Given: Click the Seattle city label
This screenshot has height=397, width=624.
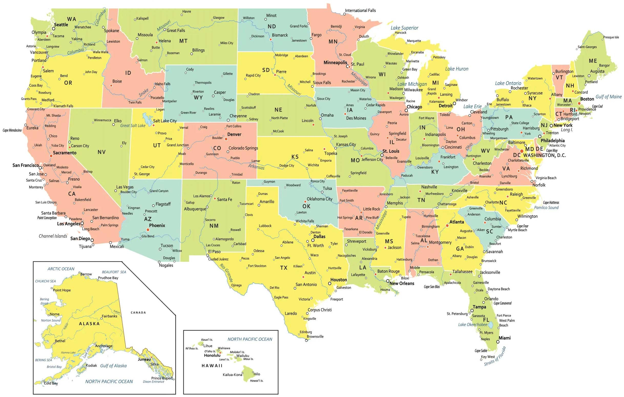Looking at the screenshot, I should click(x=61, y=25).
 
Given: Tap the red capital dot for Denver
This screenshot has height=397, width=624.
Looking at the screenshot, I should click(x=226, y=139).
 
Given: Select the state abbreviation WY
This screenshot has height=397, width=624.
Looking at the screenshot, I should click(x=198, y=98).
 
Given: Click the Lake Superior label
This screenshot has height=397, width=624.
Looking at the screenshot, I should click(x=404, y=28).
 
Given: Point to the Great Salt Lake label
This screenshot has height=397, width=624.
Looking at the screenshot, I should click(x=133, y=126).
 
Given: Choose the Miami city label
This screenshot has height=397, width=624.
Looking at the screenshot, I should click(x=505, y=338).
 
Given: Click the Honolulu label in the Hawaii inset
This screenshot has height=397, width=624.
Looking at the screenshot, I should click(x=212, y=355).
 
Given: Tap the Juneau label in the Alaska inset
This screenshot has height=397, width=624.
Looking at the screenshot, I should click(x=144, y=359).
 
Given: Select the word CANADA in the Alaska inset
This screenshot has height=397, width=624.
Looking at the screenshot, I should click(x=138, y=313).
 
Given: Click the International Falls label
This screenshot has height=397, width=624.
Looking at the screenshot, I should click(x=360, y=10).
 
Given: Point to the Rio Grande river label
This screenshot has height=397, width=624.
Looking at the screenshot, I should click(x=226, y=273).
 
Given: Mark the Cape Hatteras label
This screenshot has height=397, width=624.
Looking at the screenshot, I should click(x=551, y=203).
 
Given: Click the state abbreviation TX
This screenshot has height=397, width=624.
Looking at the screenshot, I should click(x=284, y=268).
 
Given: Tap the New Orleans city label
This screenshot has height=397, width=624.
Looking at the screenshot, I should click(x=402, y=283).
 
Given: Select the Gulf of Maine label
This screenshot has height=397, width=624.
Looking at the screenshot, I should click(x=608, y=97).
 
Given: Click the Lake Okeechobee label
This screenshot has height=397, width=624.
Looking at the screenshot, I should click(x=473, y=325).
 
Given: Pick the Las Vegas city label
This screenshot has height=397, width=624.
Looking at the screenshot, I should click(x=125, y=187).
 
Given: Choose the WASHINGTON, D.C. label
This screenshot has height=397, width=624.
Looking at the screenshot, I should click(x=544, y=155).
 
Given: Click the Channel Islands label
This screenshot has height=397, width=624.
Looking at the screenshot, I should click(x=53, y=236).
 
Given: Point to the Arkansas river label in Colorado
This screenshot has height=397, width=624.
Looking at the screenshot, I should click(x=256, y=167).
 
